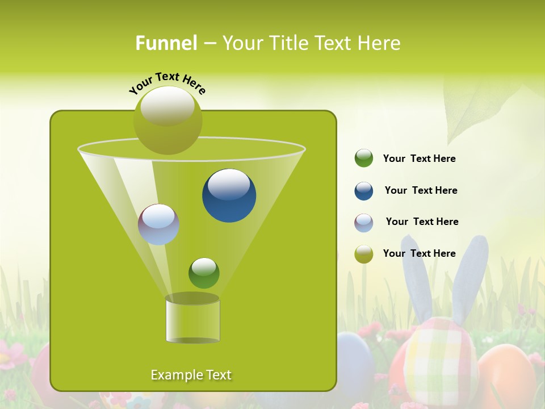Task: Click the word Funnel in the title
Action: pos(166,43)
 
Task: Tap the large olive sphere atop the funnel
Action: pos(167,120)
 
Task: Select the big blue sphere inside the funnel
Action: pos(229,195)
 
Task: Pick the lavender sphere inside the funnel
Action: pos(158,224)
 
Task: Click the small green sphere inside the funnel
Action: pos(204,273)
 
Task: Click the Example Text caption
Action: pos(191,375)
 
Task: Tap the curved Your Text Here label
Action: pos(167,83)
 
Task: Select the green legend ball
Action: pos(363,158)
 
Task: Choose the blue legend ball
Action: pos(363,191)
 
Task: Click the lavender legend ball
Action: pos(363,223)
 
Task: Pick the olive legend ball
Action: pos(363,254)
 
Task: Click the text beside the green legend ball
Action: pos(419,159)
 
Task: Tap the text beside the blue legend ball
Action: pos(421,191)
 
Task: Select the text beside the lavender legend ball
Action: pos(422,222)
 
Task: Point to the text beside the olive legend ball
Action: pos(419,254)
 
